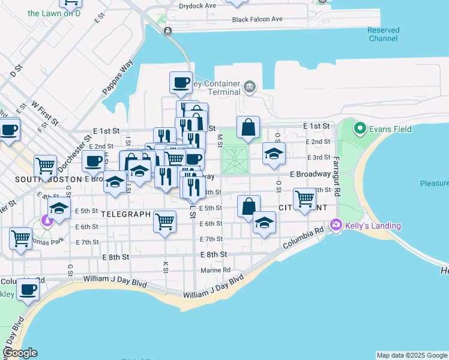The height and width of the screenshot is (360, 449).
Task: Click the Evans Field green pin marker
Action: click(x=360, y=128)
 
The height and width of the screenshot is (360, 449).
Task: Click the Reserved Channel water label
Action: click(x=383, y=34)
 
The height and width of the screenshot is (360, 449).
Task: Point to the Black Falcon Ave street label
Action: click(x=258, y=19)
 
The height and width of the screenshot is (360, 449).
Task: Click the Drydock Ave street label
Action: click(x=197, y=5)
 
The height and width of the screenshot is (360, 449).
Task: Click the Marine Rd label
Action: click(x=216, y=270)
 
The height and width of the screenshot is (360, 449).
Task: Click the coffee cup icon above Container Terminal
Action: click(x=181, y=83)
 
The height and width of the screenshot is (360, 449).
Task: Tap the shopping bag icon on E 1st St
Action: click(x=248, y=127)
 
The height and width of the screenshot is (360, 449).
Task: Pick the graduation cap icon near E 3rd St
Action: click(x=274, y=154)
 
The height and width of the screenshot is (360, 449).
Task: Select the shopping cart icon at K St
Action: click(x=164, y=222)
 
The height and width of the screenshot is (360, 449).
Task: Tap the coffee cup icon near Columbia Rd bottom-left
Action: click(x=28, y=289)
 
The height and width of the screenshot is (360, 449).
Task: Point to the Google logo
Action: click(x=20, y=353)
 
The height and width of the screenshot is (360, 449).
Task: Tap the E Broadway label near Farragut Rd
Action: click(x=310, y=174)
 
